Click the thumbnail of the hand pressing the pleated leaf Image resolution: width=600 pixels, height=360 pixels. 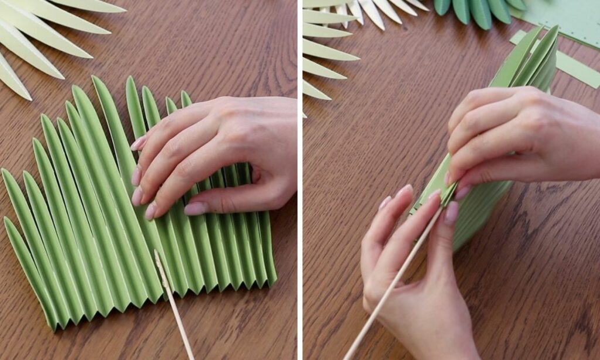[195, 208]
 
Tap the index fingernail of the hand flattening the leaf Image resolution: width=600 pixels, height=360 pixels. [138, 143]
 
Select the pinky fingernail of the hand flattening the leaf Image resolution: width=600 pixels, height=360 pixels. [150, 210]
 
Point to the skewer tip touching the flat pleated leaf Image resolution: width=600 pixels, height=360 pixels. [156, 253]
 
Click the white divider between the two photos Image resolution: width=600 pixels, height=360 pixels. [299, 176]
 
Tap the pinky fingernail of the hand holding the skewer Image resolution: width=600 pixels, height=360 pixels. [384, 203]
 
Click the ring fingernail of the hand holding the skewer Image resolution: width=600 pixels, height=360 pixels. [404, 191]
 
